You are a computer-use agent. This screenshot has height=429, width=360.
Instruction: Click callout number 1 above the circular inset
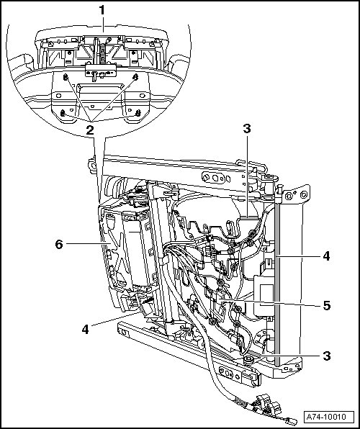pos(102,11)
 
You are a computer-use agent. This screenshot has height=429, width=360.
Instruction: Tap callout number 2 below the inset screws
pos(90,130)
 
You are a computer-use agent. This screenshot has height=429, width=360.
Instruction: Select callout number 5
pos(327,305)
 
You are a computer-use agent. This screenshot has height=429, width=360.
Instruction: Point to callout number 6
pos(59,244)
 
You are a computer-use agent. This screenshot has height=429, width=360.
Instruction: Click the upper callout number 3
pos(247,129)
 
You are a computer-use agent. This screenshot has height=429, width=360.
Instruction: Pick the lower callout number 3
pos(327,356)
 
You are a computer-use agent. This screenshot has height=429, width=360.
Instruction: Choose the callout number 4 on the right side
pos(326,256)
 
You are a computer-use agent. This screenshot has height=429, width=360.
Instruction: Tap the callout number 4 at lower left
pos(86,329)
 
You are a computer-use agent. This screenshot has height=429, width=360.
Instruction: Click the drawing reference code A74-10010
pos(326,417)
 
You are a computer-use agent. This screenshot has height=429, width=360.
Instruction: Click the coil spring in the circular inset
pos(102,53)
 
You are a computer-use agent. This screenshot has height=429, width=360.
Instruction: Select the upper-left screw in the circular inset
pos(66,78)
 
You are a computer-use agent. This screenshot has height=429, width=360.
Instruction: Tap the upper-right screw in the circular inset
pos(135,77)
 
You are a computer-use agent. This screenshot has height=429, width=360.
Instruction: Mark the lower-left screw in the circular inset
pos(63,113)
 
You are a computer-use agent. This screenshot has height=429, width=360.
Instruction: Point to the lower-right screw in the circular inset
pos(138,113)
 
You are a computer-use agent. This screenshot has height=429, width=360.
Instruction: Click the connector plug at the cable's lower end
pos(292,421)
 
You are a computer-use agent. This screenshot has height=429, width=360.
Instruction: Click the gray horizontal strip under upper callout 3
pos(249,218)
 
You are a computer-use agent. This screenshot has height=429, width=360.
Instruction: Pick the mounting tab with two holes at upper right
pos(297,194)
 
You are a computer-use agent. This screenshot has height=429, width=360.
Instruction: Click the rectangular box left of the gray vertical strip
pos(264,296)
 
